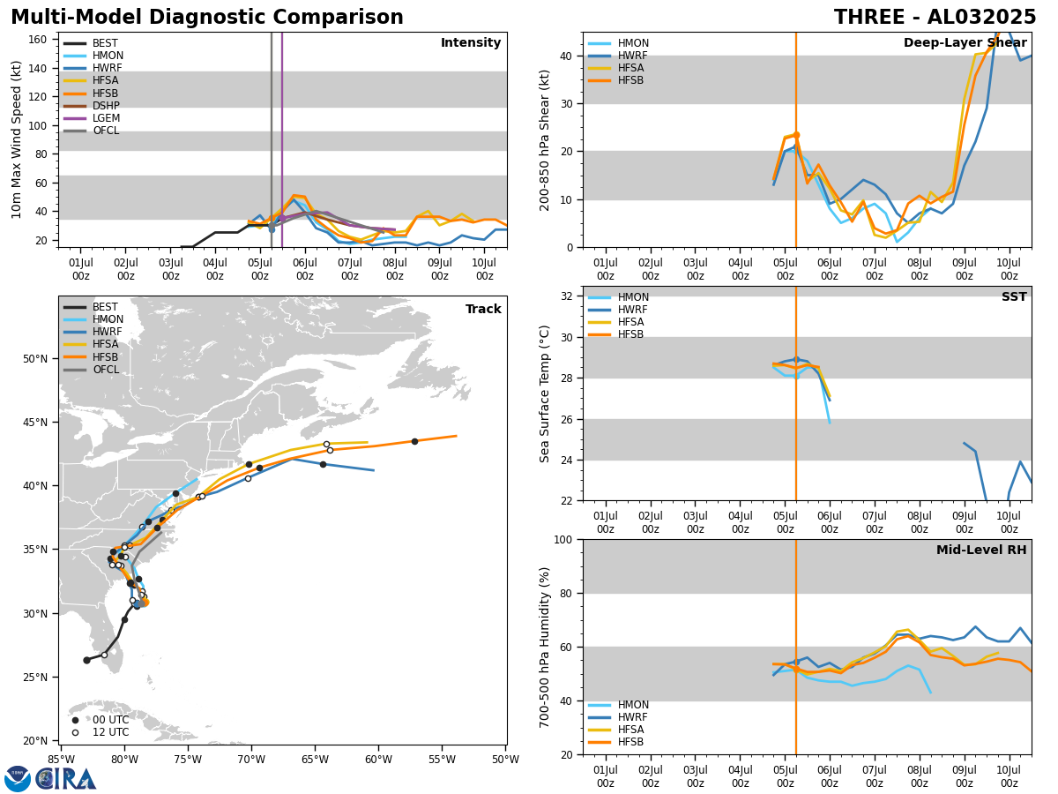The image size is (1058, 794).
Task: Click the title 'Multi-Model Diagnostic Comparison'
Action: point(207,18)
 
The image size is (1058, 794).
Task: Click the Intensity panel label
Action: point(470,43)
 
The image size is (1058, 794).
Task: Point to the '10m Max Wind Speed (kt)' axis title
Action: point(17,139)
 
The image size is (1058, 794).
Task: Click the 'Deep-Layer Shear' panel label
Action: point(965,43)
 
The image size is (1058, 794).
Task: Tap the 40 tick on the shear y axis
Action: point(567,56)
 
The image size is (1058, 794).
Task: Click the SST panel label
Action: point(1013,297)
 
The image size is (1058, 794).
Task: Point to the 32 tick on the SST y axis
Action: point(567,296)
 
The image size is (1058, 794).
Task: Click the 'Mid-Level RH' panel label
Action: point(980,551)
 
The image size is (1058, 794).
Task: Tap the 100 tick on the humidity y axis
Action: point(563,539)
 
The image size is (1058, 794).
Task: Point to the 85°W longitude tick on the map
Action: point(61,760)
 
